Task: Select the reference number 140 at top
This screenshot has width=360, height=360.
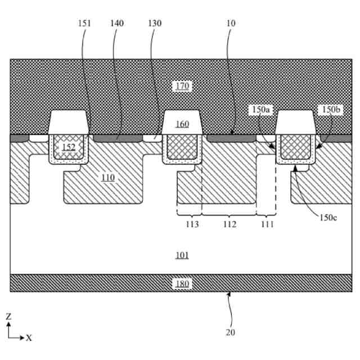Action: tap(117, 24)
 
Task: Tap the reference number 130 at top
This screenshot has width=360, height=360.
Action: tap(153, 24)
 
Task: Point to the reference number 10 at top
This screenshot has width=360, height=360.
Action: tap(231, 24)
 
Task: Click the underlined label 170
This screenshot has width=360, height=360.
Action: tap(182, 86)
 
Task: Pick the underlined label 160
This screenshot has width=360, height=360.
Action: tap(182, 124)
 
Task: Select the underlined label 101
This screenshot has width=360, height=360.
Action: tap(182, 255)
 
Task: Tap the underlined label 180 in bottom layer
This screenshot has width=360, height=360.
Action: tap(182, 283)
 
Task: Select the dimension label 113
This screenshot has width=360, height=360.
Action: tap(189, 223)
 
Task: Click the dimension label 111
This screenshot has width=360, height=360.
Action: tap(266, 223)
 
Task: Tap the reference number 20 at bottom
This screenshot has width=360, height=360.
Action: tap(231, 332)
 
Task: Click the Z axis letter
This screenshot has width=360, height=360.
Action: tap(8, 317)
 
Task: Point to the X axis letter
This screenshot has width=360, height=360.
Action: tap(29, 338)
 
